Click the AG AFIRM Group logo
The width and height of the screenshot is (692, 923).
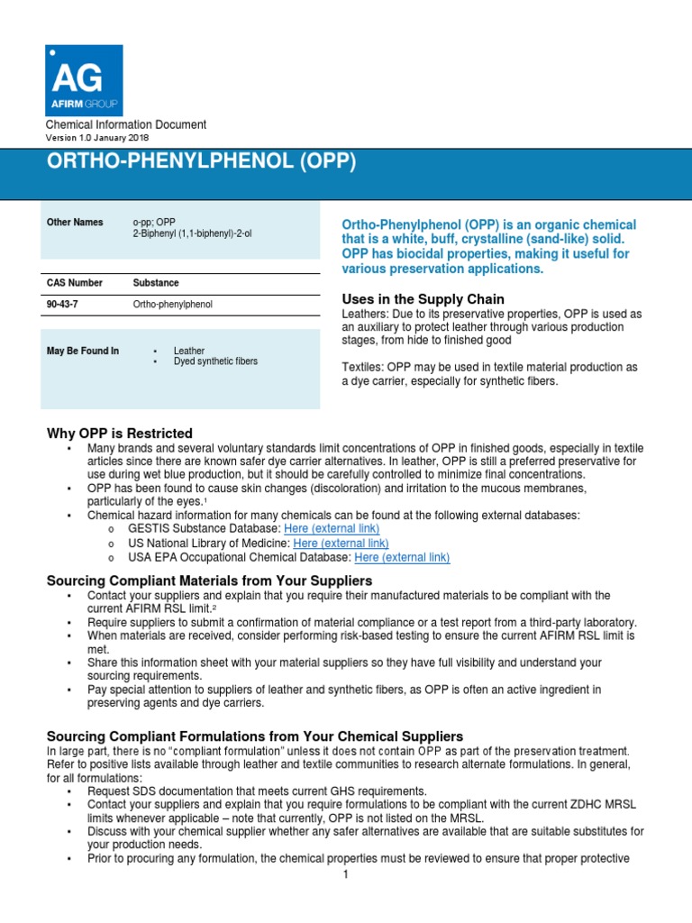(x=84, y=80)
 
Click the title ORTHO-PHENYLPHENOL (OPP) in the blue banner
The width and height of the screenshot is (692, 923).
(x=201, y=162)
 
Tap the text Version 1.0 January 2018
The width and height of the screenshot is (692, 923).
(x=97, y=138)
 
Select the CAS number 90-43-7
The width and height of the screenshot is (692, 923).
(x=62, y=305)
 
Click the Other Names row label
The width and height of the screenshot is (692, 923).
(x=70, y=223)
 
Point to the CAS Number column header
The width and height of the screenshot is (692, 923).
(x=74, y=283)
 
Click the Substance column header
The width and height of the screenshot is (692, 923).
(x=155, y=283)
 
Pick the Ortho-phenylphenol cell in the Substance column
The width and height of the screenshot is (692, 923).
(x=172, y=305)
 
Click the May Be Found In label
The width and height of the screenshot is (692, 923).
(x=82, y=351)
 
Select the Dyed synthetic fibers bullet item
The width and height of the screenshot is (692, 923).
(x=215, y=361)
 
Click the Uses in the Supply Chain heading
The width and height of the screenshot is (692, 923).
(x=423, y=299)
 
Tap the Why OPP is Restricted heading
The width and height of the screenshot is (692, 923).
(x=119, y=434)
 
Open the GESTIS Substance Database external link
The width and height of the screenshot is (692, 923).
(x=331, y=528)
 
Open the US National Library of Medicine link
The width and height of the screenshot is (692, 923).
(x=341, y=544)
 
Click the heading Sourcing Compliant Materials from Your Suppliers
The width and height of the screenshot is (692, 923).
(x=209, y=580)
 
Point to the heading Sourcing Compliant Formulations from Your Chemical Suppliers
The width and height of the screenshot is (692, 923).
(x=254, y=736)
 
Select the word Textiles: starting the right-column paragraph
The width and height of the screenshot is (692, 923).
(x=363, y=367)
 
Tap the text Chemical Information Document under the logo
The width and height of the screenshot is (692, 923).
(x=126, y=124)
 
